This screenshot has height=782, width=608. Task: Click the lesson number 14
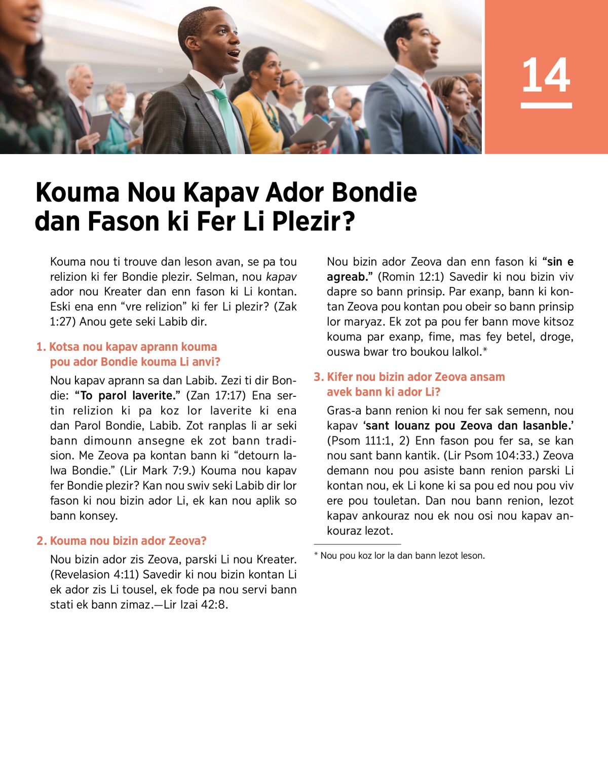point(546,75)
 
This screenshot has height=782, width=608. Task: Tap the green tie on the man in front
point(226,119)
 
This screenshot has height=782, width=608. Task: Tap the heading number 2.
point(41,541)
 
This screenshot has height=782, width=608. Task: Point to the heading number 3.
point(318,377)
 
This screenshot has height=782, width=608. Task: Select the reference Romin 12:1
point(410,277)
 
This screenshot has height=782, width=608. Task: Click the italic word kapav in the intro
point(281,277)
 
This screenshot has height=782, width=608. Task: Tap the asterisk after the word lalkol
point(485,350)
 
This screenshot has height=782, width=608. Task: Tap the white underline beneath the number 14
point(546,105)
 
